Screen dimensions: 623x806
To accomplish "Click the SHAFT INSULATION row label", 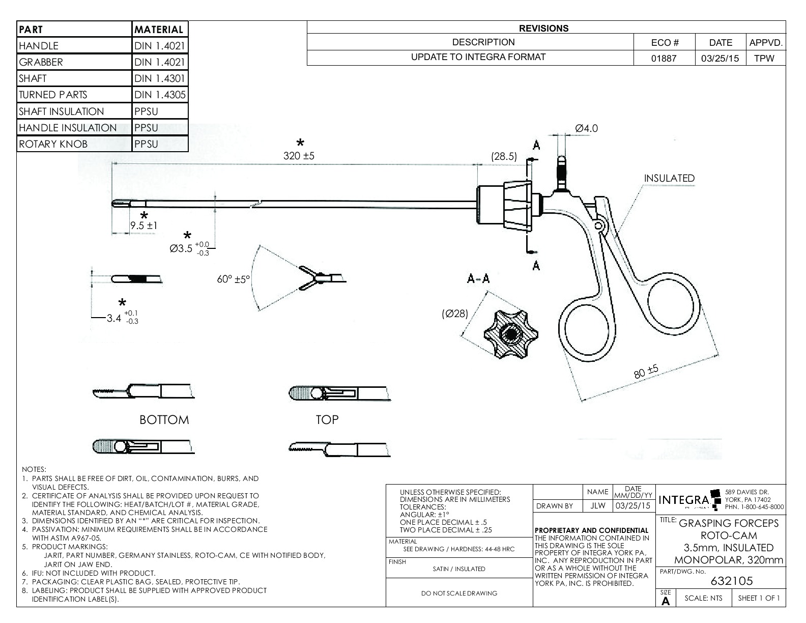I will [x=61, y=111].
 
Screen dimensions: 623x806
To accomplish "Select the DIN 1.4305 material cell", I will [x=160, y=95].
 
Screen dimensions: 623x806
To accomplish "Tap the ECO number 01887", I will [x=664, y=58].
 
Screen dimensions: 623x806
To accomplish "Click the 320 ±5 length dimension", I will [x=299, y=156].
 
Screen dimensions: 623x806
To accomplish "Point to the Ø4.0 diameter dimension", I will [x=586, y=128].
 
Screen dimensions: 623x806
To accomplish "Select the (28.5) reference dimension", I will [x=504, y=157].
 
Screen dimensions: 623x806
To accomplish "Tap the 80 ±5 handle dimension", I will [x=646, y=372].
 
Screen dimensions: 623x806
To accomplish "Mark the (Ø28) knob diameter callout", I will [x=454, y=314].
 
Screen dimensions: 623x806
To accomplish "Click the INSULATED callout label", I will [x=669, y=178].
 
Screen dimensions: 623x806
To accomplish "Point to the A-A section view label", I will [x=478, y=278].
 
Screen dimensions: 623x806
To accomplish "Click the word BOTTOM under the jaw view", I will [x=164, y=420].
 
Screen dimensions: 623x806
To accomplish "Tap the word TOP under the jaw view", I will [x=327, y=419].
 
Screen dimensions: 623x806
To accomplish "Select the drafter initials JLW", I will [x=597, y=506].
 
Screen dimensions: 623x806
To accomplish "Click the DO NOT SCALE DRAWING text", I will [x=459, y=593].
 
